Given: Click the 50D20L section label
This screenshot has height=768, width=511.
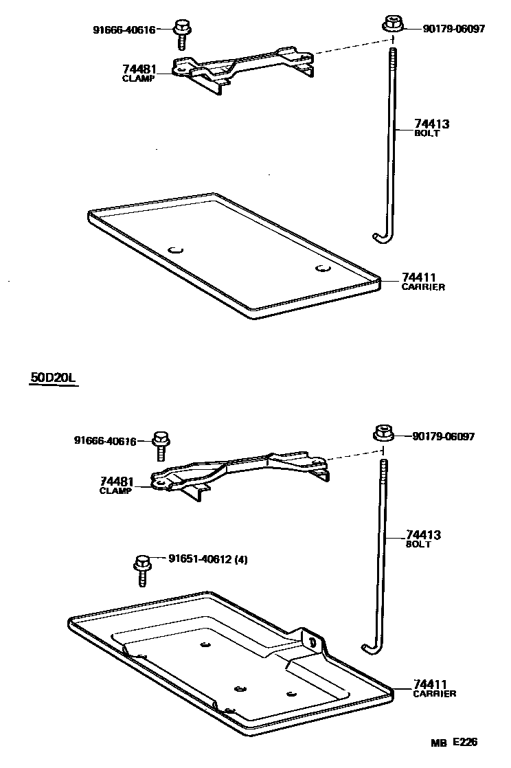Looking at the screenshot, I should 53,378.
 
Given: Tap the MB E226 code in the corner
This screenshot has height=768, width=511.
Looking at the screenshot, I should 454,742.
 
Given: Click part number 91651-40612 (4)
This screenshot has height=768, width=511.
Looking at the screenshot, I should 207,559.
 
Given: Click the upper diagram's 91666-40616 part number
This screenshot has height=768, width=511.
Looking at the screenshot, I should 124,30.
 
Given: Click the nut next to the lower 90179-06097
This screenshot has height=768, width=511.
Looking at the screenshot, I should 382,435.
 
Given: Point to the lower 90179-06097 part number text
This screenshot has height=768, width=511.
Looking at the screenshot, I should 443,437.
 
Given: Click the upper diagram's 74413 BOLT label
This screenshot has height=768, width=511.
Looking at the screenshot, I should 431,128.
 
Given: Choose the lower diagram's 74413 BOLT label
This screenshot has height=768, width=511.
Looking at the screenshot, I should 422,539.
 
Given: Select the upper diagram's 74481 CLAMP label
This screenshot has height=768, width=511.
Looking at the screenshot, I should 139,73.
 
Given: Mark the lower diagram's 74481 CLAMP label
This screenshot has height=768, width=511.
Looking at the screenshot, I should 116,486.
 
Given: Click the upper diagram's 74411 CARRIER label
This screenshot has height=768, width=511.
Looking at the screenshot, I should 422,282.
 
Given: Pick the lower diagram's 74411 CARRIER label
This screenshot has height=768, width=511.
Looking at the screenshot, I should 434,688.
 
